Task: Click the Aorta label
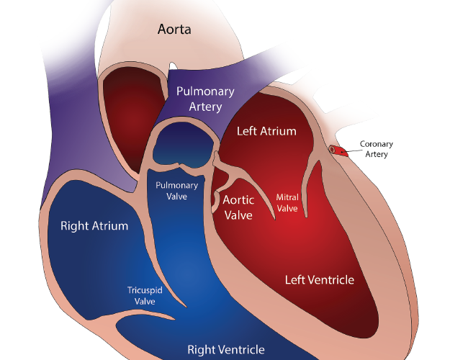pyautogui.click(x=174, y=30)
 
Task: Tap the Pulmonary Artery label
pyautogui.click(x=205, y=99)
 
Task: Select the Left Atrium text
pyautogui.click(x=266, y=131)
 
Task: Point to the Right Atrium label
pyautogui.click(x=94, y=226)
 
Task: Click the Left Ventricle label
pyautogui.click(x=320, y=280)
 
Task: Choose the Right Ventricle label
pyautogui.click(x=226, y=350)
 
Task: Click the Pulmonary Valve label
pyautogui.click(x=177, y=191)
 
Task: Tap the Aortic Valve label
pyautogui.click(x=238, y=207)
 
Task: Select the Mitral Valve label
pyautogui.click(x=287, y=202)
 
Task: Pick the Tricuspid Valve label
pyautogui.click(x=145, y=296)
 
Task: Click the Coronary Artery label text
pyautogui.click(x=377, y=149)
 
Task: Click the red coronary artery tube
pyautogui.click(x=338, y=150)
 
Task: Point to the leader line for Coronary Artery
pyautogui.click(x=352, y=150)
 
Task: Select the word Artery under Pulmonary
pyautogui.click(x=205, y=107)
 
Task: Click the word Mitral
pyautogui.click(x=287, y=197)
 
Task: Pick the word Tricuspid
pyautogui.click(x=145, y=290)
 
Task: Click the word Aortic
pyautogui.click(x=238, y=200)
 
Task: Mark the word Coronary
pyautogui.click(x=377, y=144)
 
